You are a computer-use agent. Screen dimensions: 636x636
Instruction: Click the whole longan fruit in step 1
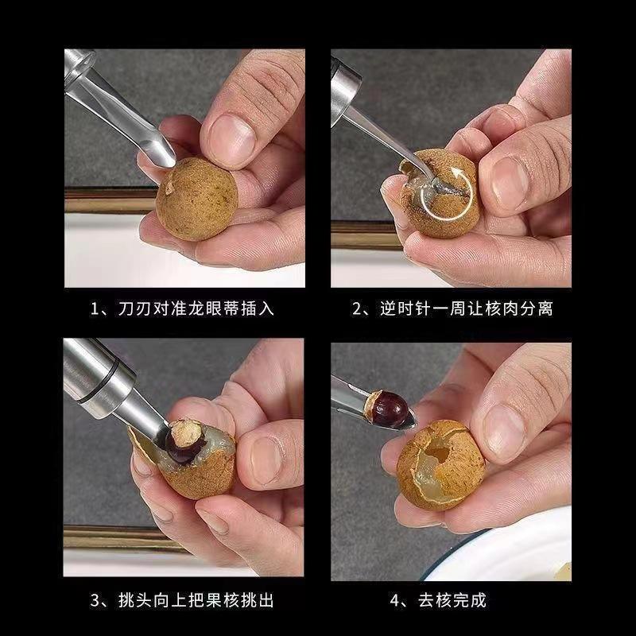point(196,199)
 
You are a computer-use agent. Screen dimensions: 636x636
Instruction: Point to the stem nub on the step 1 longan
point(169,188)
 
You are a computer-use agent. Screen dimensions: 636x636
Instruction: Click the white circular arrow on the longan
point(446,195)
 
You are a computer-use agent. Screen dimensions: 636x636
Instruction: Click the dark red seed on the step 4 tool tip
point(390,409)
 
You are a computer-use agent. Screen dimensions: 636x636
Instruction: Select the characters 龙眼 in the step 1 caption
point(206,308)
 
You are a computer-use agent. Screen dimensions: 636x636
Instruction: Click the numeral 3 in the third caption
point(95,600)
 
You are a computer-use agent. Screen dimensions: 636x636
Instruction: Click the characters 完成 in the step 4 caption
point(469,600)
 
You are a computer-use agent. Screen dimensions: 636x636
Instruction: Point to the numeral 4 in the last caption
point(395,600)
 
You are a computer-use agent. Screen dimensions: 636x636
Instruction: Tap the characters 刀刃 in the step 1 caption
point(136,308)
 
